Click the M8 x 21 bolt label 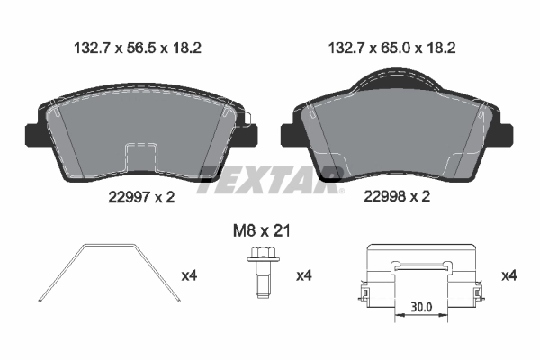click(x=260, y=232)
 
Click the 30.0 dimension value click(x=421, y=307)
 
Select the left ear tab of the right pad click(x=289, y=133)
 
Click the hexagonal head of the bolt click(x=261, y=256)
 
